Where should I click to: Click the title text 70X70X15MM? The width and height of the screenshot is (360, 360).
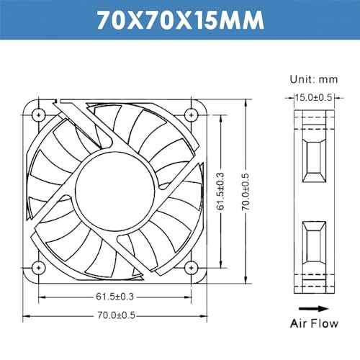(x=181, y=20)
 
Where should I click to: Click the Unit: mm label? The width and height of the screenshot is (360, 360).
(x=314, y=79)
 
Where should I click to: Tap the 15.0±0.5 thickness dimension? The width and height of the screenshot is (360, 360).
(x=313, y=97)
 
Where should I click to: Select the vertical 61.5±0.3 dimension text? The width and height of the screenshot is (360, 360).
(x=220, y=191)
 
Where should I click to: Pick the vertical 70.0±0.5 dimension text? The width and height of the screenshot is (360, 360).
(x=246, y=192)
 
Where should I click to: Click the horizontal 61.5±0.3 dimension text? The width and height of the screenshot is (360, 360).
(x=114, y=297)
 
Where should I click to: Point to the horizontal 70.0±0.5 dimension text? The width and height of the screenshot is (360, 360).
(x=116, y=315)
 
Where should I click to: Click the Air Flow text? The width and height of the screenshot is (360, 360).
(x=314, y=323)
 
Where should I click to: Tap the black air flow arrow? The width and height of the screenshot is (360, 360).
(x=314, y=309)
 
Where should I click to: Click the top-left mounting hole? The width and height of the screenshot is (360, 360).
(x=39, y=115)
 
